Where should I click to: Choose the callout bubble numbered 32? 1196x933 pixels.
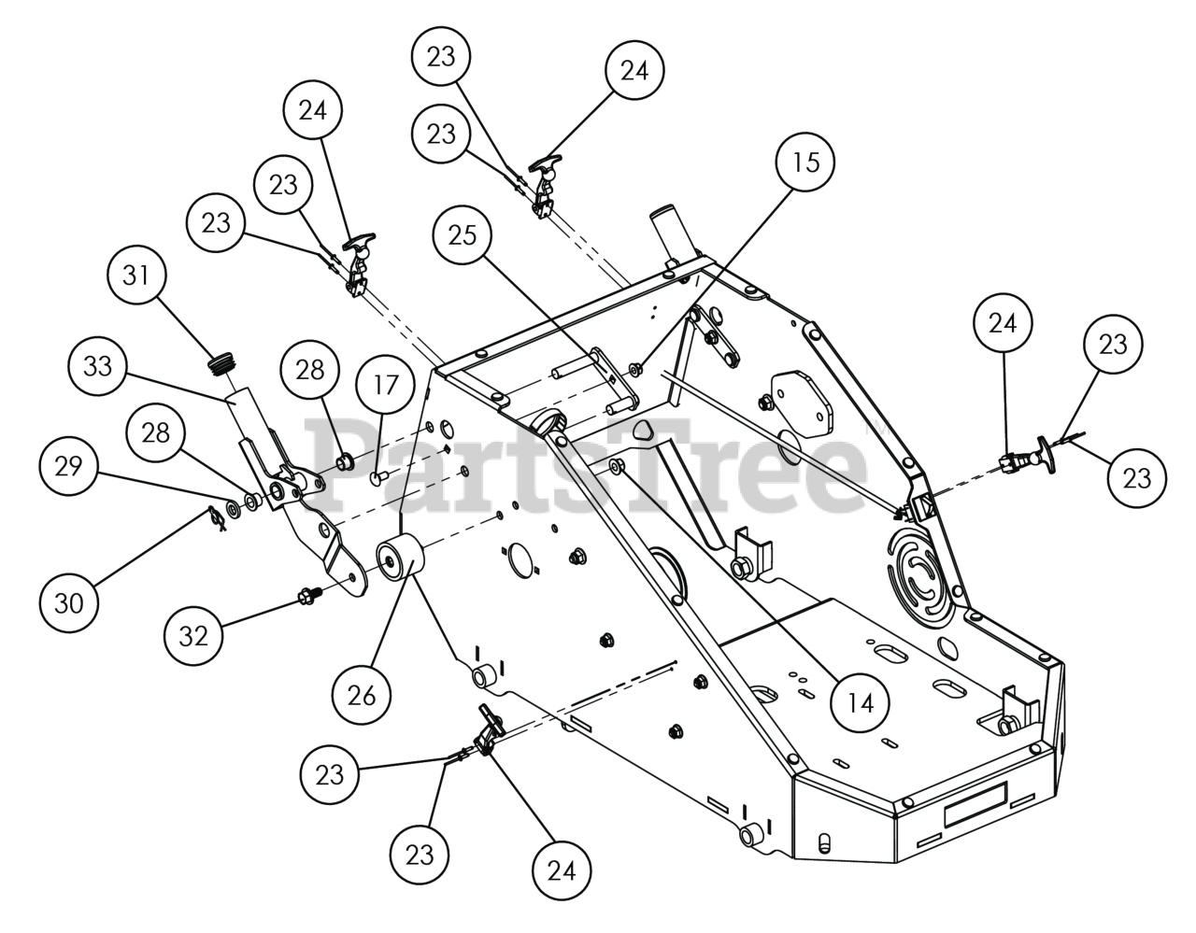[195, 639]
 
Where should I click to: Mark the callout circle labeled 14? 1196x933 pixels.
[861, 701]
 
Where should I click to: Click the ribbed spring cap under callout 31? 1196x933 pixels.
[221, 363]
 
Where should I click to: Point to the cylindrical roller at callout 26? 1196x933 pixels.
[399, 559]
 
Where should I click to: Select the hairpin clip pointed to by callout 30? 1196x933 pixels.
[217, 517]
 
